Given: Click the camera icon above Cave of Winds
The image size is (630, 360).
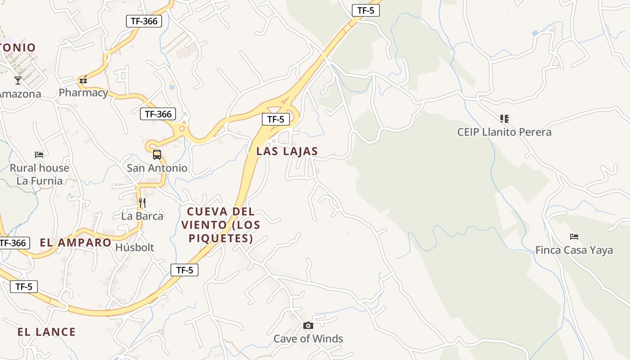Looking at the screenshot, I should (308, 325).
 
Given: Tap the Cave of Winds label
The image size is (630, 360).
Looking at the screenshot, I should (308, 339).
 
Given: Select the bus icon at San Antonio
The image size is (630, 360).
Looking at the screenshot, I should (157, 155).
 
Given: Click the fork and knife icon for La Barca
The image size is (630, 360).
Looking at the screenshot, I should (142, 203).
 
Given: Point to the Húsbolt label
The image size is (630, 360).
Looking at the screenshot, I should (135, 247).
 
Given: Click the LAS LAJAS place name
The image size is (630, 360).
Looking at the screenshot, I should (287, 152).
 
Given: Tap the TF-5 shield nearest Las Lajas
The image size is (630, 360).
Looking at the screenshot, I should (275, 119).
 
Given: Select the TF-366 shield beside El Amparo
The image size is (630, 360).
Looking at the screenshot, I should (13, 243).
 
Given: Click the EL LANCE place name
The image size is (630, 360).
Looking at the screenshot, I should (46, 332).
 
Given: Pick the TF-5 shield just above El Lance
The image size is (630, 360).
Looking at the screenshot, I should (24, 287).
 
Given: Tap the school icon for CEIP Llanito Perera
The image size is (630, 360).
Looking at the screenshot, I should (504, 119).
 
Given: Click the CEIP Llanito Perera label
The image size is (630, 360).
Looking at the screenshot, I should (504, 132).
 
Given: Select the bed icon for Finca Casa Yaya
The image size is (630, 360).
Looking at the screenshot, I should (574, 237).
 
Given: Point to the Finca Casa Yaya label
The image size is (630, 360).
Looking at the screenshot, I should (574, 250).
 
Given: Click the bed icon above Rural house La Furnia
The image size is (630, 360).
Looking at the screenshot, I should (39, 155).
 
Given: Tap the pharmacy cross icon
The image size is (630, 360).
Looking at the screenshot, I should (83, 81).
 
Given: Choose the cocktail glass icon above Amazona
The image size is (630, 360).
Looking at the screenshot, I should (18, 81).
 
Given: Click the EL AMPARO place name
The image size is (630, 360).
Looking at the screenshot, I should (76, 243).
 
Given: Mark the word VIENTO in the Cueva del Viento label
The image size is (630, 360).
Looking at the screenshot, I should (203, 225).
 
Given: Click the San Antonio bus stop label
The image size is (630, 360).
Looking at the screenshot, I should (157, 168).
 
